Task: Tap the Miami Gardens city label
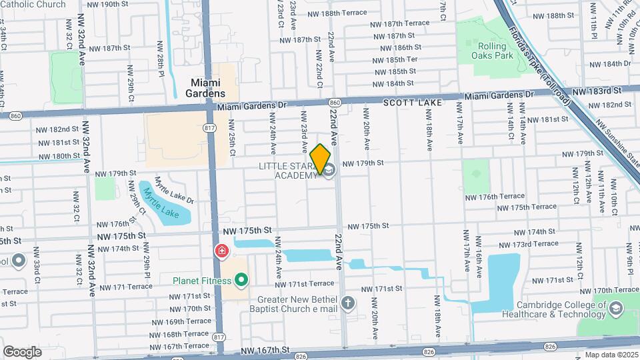(x=207, y=88)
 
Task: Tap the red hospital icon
(x=221, y=251)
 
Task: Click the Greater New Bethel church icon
(x=347, y=304)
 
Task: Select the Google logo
(x=22, y=351)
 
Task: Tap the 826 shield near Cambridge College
(x=551, y=346)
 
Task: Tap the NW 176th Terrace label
(x=495, y=197)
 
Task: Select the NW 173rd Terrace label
(x=522, y=243)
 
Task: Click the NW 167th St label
(x=265, y=349)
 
